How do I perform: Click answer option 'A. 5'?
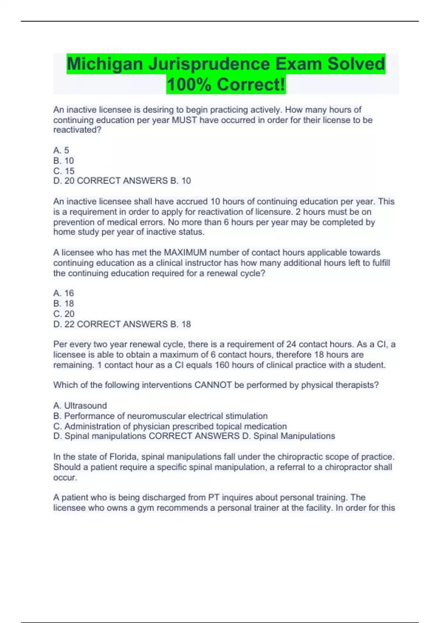pos(61,150)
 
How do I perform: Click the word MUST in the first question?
pos(184,120)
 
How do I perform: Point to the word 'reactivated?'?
pos(77,130)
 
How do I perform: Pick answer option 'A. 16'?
pos(63,293)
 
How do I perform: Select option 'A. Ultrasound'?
pos(80,406)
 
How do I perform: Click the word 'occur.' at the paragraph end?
pos(65,478)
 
